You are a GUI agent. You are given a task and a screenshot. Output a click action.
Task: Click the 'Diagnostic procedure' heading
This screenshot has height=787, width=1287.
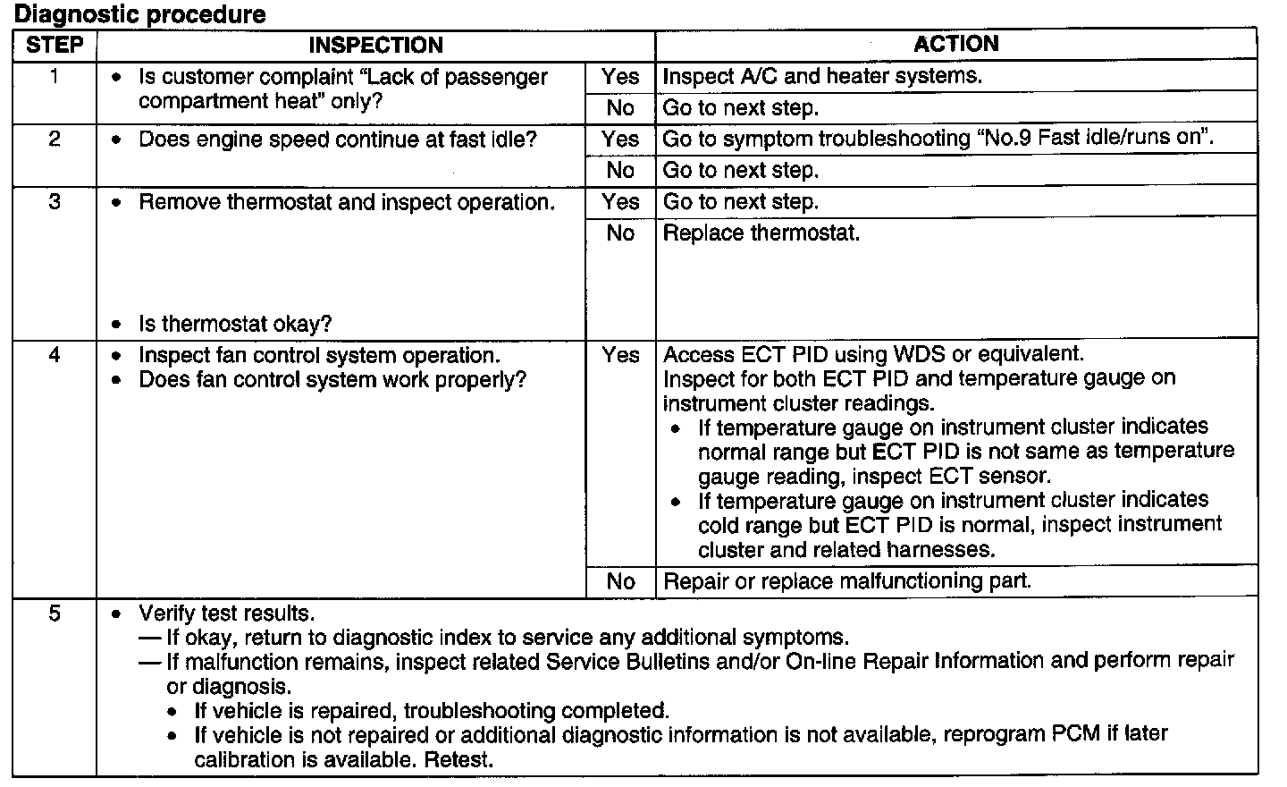[140, 14]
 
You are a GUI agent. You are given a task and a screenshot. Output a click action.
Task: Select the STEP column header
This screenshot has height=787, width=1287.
[55, 45]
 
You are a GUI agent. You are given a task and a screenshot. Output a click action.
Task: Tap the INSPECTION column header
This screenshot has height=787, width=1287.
[375, 45]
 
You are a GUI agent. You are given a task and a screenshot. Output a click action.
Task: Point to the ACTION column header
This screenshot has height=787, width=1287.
[955, 44]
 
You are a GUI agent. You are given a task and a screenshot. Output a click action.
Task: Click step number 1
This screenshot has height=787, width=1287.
[55, 77]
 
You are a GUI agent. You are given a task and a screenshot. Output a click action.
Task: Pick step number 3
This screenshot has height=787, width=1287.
[55, 202]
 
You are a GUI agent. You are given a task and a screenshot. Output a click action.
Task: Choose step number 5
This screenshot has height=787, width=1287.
[55, 614]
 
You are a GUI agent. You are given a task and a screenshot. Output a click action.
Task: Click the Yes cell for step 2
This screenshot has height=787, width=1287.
[620, 140]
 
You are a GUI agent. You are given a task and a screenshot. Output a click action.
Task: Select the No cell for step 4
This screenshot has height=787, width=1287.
[620, 581]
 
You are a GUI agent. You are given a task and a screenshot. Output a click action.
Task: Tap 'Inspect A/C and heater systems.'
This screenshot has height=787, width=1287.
[822, 77]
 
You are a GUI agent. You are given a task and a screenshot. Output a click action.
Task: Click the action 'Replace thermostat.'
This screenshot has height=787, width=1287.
[761, 233]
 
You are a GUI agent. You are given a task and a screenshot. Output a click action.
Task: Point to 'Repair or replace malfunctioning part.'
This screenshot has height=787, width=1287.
[847, 581]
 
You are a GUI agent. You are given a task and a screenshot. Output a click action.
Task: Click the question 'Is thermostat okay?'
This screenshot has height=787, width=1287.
[235, 324]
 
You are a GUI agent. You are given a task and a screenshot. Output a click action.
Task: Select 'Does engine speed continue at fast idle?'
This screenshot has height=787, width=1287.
[337, 140]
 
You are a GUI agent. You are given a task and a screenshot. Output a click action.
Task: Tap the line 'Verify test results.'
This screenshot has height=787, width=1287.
[226, 614]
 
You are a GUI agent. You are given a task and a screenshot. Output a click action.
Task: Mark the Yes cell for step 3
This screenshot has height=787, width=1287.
[620, 202]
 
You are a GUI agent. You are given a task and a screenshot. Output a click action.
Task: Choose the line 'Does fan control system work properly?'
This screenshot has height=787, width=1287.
[332, 380]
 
